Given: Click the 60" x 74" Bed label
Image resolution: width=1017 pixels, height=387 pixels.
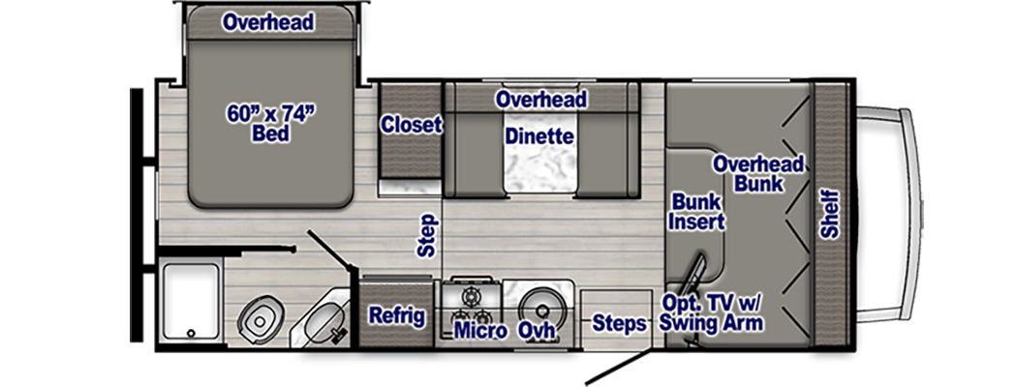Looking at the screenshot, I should coord(272,124).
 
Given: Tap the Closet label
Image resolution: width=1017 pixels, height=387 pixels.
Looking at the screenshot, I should coord(411,125).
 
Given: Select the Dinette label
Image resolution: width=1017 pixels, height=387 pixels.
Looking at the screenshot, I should coord(539,136).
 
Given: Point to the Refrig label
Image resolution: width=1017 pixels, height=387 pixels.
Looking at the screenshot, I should coord(397,315).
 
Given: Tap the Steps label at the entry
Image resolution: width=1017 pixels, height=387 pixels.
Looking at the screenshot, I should coord(619,323).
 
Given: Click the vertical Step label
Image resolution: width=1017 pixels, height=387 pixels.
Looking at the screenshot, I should coord(428,235).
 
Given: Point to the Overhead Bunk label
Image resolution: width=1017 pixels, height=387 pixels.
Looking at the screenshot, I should coord(758,174).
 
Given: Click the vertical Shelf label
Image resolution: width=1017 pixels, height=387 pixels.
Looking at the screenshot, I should coord(830,215).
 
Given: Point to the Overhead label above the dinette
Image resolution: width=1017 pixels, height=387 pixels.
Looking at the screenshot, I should coord(541,100).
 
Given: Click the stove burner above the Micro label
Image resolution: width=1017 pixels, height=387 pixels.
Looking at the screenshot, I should coord(473,294).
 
